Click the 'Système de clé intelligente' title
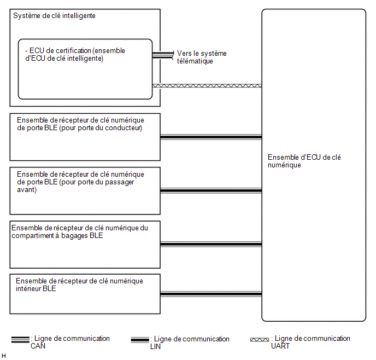(54, 16)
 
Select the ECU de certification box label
(75, 55)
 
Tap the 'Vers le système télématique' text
(202, 57)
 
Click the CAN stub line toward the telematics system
(163, 55)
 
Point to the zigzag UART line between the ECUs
(207, 86)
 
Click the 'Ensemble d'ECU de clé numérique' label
(304, 161)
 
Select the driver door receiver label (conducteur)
(80, 124)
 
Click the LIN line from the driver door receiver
(211, 137)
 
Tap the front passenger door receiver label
(80, 182)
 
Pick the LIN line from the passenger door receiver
(211, 191)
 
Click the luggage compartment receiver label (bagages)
(80, 231)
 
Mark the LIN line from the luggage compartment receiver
(211, 245)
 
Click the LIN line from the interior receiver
(211, 294)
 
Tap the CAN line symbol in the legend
(20, 340)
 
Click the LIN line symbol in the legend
(140, 340)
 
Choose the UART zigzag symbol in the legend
(260, 340)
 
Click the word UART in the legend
(280, 346)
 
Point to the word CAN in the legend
(38, 346)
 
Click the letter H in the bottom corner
(4, 356)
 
